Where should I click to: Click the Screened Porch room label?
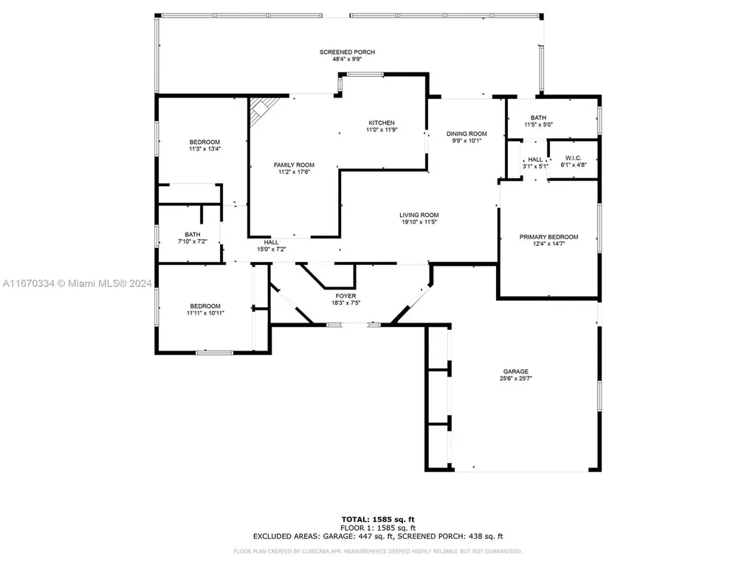tap(347, 52)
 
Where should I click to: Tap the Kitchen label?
tap(382, 123)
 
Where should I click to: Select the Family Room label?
tap(294, 165)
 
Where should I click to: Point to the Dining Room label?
tap(467, 134)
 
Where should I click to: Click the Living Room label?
tap(419, 215)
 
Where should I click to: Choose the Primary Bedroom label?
tap(548, 237)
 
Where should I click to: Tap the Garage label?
tap(516, 371)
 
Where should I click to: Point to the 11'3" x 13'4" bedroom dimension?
tap(204, 149)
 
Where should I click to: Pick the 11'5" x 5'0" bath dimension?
tap(537, 125)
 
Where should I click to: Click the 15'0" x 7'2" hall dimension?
tap(271, 250)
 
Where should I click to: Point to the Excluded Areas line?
tap(377, 536)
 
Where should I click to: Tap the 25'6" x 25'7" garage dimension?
tap(516, 379)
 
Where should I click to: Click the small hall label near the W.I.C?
tap(535, 159)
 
